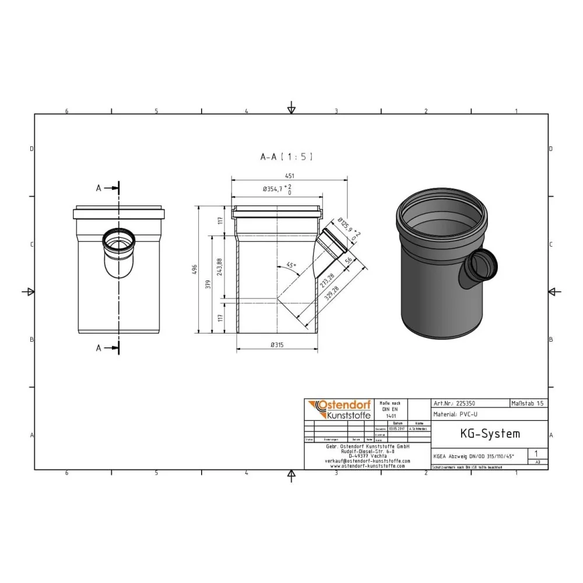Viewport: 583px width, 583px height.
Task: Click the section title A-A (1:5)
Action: click(x=286, y=156)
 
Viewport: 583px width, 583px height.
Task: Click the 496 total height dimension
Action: click(x=195, y=269)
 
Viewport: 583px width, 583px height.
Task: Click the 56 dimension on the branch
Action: click(x=349, y=261)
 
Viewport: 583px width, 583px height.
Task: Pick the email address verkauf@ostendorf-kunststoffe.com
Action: click(x=367, y=461)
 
